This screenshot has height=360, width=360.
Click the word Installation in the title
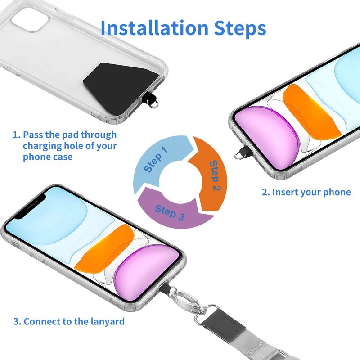click(154, 27)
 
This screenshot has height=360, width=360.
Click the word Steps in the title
click(240, 29)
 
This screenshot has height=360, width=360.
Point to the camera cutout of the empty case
click(30, 19)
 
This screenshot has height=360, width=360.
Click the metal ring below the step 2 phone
click(239, 156)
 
